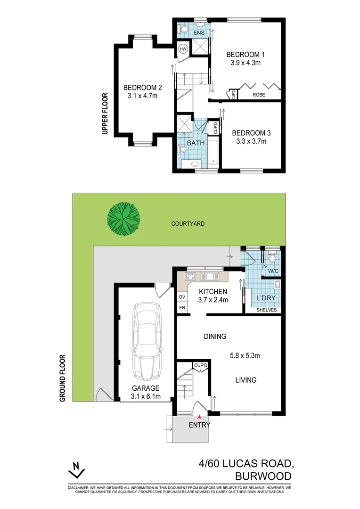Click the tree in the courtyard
coord(123,218)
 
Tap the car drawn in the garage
coord(146,342)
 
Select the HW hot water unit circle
coord(183,49)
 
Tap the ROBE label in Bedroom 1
coord(259,94)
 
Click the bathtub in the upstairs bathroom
coord(213,153)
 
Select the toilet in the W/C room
coord(271,258)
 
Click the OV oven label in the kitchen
coord(182,297)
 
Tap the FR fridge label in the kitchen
coord(182,308)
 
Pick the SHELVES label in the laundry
coord(267,310)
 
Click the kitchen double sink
coord(208,277)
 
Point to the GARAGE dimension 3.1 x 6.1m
coord(146,396)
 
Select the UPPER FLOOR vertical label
coord(105,114)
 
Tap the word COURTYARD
coord(188,224)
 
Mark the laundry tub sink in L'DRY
coord(277,284)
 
